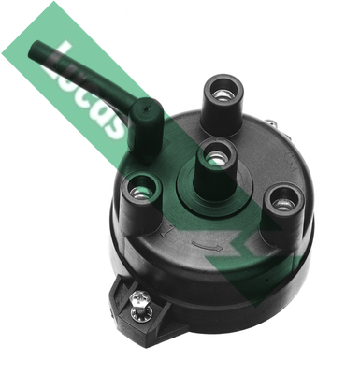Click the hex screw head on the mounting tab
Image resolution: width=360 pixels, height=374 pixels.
point(140,298)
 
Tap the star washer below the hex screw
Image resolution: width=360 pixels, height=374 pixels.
point(141,312)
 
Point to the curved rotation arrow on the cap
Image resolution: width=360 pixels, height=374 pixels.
point(207,247)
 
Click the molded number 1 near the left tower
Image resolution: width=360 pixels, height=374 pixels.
point(166,231)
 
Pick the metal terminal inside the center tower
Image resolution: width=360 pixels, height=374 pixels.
point(215,159)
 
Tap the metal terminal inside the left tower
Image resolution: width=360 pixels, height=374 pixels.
point(139,193)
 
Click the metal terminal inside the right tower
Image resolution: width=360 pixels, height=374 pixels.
point(283,204)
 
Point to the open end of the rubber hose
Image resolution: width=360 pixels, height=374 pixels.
point(34,50)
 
